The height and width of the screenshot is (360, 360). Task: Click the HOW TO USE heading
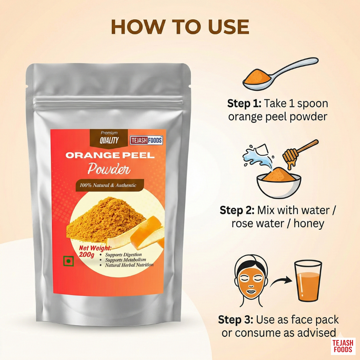tap(180, 27)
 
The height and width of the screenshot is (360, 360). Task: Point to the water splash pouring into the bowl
tap(257, 156)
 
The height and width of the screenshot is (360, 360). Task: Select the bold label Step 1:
tap(244, 104)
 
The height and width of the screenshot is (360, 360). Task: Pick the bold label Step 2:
tap(237, 210)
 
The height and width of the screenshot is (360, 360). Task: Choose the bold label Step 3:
tap(236, 320)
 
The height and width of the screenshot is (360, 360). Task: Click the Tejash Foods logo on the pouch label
tap(146, 140)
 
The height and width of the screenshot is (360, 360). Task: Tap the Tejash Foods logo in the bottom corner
tap(343, 346)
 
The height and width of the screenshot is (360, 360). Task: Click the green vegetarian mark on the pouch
tap(68, 261)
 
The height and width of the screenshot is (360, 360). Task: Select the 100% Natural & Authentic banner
tap(110, 185)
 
